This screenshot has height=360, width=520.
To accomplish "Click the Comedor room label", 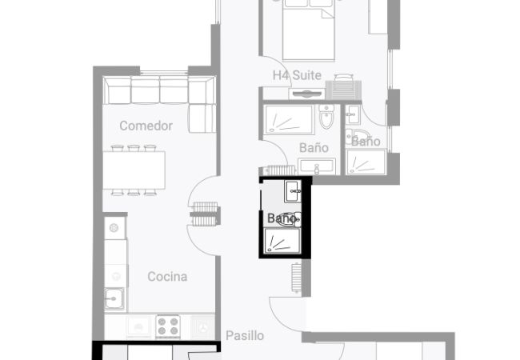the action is click(146, 126).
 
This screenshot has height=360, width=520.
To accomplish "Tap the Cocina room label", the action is click(167, 277).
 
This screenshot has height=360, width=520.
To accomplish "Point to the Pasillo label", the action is click(245, 336).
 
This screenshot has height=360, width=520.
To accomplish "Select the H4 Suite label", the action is click(297, 75).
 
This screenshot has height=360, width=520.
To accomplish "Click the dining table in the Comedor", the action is click(134, 170).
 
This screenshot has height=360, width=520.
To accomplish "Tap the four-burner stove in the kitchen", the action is click(168, 326).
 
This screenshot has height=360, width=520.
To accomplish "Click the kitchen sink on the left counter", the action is click(114, 298).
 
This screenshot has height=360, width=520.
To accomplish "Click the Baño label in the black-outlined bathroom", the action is click(282, 218).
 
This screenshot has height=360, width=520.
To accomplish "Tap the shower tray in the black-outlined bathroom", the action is click(282, 241).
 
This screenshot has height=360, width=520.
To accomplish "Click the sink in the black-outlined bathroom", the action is click(293, 191).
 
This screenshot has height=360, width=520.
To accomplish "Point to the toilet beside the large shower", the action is click(327, 117).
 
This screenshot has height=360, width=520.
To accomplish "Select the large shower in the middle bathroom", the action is click(289, 119).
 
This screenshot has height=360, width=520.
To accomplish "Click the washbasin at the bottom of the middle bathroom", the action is click(317, 166).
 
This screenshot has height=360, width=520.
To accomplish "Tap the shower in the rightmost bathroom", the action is click(366, 162).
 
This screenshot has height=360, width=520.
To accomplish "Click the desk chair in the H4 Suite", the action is click(343, 78).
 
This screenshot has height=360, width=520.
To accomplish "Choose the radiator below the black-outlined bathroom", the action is click(296, 277).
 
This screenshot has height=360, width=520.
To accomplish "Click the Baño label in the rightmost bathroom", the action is click(366, 142).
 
